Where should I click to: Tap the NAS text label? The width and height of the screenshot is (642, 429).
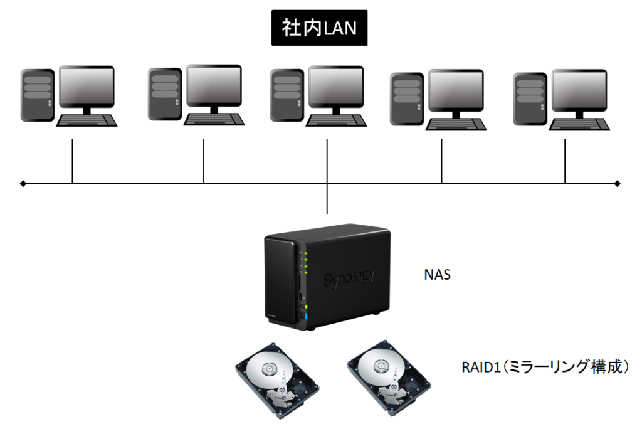point(437,274)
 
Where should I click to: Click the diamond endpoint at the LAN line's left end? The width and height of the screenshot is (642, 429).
point(23,184)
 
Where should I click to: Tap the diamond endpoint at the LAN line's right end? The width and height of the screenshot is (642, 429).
point(618,184)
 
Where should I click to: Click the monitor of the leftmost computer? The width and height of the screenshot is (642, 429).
point(87,87)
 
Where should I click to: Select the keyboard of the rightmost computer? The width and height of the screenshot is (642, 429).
point(579,123)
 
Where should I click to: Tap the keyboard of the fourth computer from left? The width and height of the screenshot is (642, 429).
point(456,123)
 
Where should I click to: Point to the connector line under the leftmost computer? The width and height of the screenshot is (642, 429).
point(73,161)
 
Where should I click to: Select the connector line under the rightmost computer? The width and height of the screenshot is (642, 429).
point(565,161)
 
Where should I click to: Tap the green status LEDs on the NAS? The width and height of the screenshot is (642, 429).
point(306,263)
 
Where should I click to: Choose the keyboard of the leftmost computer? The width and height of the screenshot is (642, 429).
point(87,120)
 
